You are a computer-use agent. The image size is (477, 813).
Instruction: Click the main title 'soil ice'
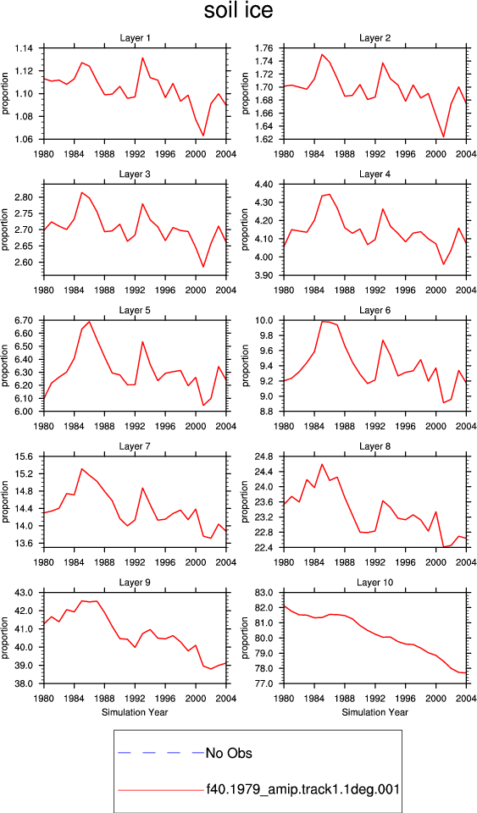(x=239, y=11)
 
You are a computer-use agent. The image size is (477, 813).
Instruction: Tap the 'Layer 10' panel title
(x=374, y=583)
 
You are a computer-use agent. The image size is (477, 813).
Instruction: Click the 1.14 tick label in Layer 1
(x=24, y=48)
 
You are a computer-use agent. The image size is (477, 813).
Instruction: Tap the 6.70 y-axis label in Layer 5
(x=24, y=320)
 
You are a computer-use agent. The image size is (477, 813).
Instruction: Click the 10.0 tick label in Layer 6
(x=266, y=320)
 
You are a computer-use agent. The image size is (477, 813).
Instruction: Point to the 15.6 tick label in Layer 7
(x=25, y=456)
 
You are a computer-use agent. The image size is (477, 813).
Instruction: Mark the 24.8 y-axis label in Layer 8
(x=266, y=456)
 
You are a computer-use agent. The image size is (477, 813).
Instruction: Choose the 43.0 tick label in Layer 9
(x=25, y=593)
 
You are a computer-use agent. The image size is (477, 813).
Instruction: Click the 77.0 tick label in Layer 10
(x=266, y=684)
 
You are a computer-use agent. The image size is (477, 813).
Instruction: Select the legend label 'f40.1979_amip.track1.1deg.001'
(x=302, y=789)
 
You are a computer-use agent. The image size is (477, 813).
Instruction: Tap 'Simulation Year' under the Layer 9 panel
(x=135, y=712)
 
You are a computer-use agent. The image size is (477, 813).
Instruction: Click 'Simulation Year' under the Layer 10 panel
(x=374, y=712)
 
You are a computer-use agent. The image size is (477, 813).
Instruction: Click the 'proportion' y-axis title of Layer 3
(x=5, y=230)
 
